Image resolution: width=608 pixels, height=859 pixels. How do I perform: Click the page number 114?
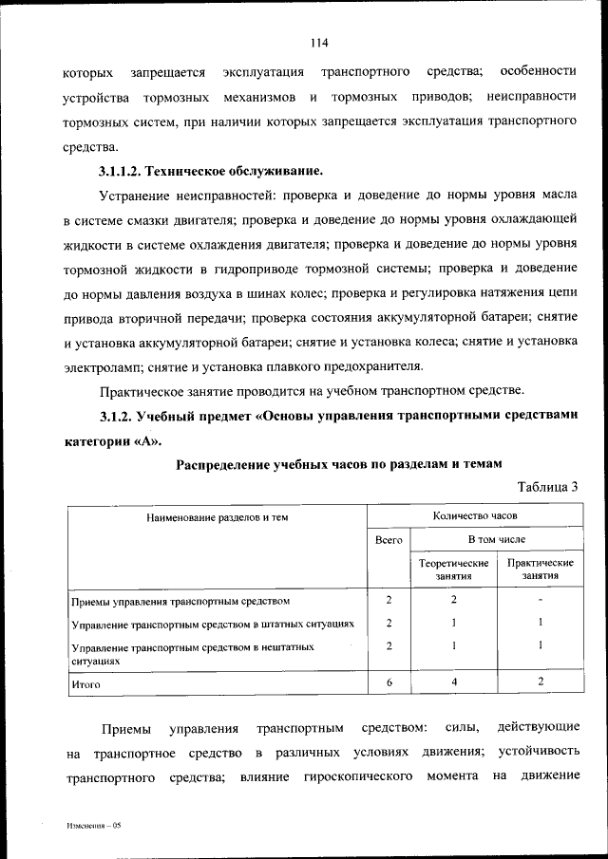coord(318,43)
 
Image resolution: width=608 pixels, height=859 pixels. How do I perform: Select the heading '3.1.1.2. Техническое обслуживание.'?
coord(211,171)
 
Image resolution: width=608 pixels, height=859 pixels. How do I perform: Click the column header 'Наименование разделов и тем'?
coord(217,517)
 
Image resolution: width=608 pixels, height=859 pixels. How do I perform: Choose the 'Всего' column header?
coord(389,539)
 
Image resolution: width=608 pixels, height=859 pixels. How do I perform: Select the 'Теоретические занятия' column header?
coord(454,570)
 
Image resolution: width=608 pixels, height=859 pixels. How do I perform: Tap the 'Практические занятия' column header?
coord(541,570)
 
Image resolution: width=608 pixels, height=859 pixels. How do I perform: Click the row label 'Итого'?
coord(86,683)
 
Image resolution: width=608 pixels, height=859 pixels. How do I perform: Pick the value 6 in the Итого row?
coord(389,682)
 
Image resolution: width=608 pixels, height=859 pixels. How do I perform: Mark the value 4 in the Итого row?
coord(454,682)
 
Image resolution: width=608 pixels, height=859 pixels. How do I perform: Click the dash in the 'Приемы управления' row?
coord(540,600)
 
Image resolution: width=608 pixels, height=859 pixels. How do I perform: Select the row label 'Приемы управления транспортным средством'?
coord(180,601)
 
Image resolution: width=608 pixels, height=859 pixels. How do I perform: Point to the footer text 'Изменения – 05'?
coord(95,826)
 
